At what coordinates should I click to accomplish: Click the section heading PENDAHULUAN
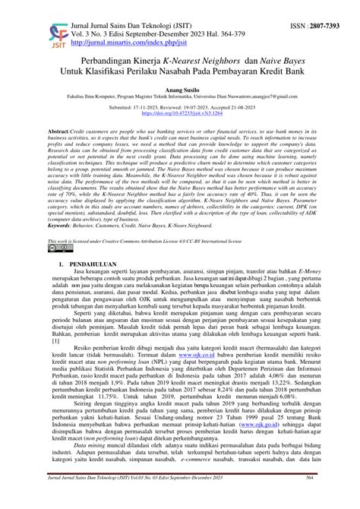coord(93,264)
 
